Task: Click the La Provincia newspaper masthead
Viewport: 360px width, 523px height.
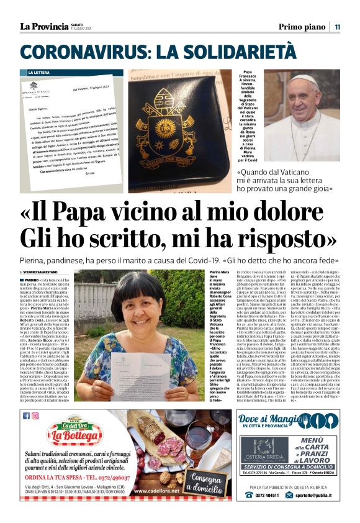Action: tap(43, 26)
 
